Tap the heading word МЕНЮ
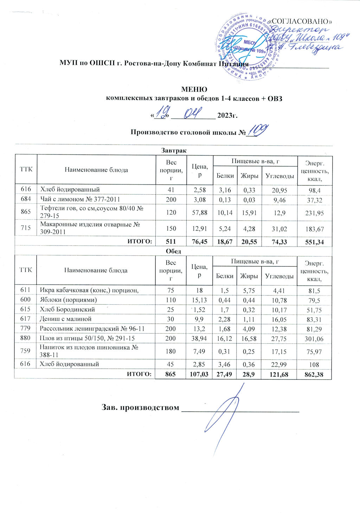[x=194, y=90]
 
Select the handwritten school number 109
[x=257, y=131]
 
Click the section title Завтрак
[x=174, y=151]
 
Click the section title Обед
[x=173, y=251]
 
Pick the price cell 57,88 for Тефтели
[x=199, y=213]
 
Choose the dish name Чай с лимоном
[x=80, y=199]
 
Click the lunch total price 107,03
[x=199, y=374]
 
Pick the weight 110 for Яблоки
[x=171, y=300]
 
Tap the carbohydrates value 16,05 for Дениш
[x=279, y=319]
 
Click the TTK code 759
[x=25, y=350]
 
